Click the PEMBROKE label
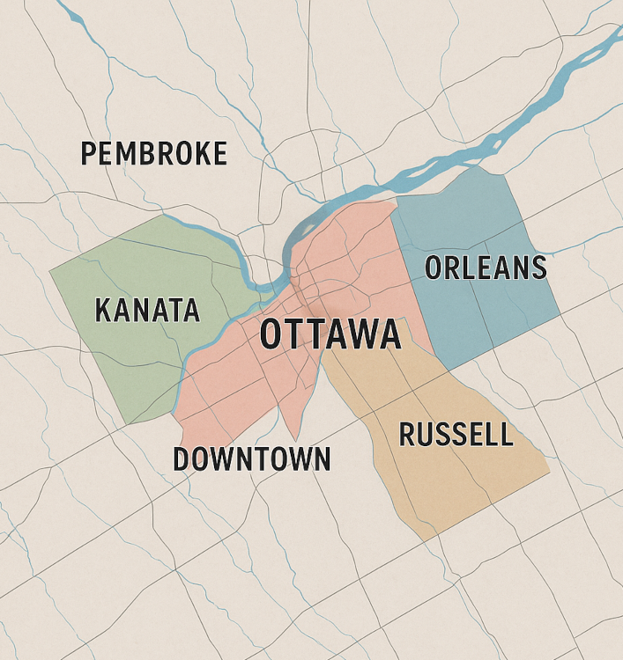(154, 153)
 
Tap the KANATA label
(147, 310)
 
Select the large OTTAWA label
(330, 335)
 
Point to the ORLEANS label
(486, 268)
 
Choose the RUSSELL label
(456, 434)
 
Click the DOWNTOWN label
(252, 458)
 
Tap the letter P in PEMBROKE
(88, 153)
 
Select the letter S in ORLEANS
(538, 268)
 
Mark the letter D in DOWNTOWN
(182, 458)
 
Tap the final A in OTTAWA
(389, 335)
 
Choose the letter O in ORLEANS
(435, 268)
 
